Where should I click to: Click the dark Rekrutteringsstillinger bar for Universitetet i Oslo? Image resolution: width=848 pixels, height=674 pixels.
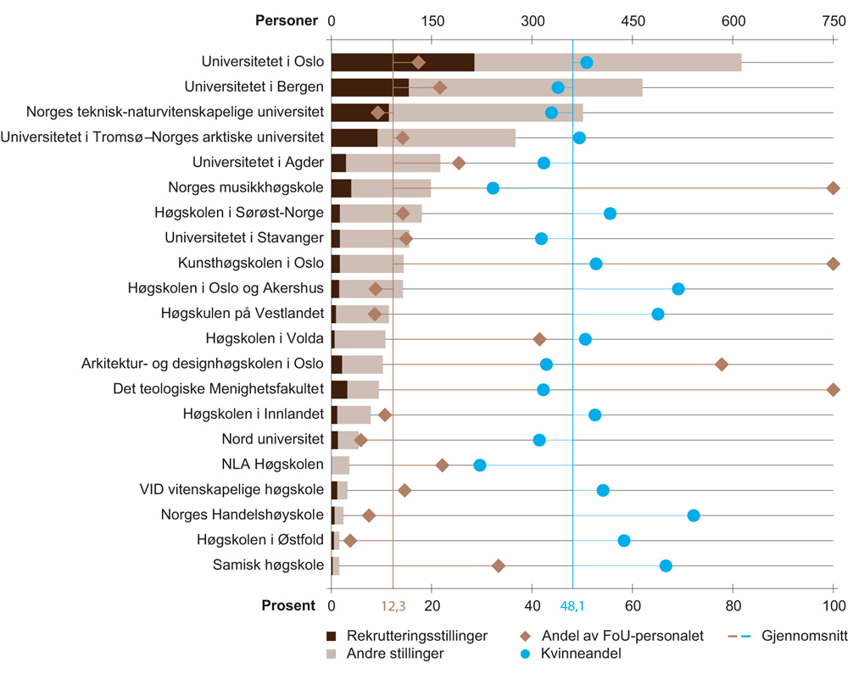pyautogui.click(x=402, y=62)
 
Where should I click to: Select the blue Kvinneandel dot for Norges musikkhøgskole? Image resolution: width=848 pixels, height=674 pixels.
pyautogui.click(x=493, y=188)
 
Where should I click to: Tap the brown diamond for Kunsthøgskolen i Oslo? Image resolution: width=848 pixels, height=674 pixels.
pyautogui.click(x=834, y=264)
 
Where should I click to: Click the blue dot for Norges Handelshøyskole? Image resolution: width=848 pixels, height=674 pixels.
pyautogui.click(x=694, y=515)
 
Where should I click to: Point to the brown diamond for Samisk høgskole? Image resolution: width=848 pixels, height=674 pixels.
pyautogui.click(x=499, y=566)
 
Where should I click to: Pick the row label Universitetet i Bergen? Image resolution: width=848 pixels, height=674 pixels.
pyautogui.click(x=254, y=86)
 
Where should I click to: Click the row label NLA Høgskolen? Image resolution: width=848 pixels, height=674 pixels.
pyautogui.click(x=273, y=465)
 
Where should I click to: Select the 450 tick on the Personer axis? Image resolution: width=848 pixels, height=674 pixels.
pyautogui.click(x=633, y=21)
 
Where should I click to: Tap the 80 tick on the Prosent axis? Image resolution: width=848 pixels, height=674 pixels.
pyautogui.click(x=733, y=605)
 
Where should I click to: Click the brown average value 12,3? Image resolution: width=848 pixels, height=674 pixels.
pyautogui.click(x=393, y=606)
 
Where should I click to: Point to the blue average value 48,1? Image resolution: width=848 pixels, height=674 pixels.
pyautogui.click(x=573, y=606)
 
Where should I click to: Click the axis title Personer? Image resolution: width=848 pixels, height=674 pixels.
pyautogui.click(x=287, y=21)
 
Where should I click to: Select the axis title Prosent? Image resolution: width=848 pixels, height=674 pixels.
pyautogui.click(x=288, y=605)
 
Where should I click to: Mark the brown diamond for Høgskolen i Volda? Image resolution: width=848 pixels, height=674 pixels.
pyautogui.click(x=539, y=339)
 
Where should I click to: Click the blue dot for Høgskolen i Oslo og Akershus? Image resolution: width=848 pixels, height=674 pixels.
pyautogui.click(x=678, y=289)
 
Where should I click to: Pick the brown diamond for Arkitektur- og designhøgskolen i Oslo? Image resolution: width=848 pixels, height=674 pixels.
pyautogui.click(x=722, y=365)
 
